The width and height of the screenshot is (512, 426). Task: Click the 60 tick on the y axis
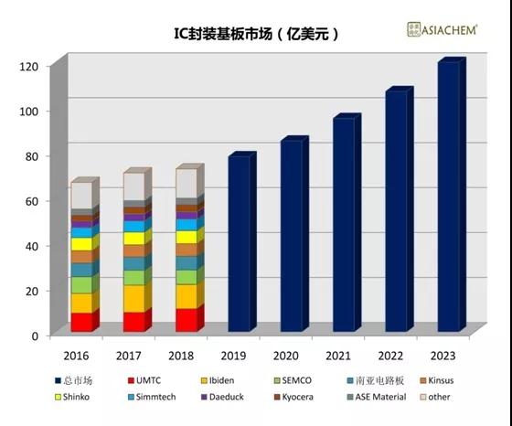click(x=31, y=201)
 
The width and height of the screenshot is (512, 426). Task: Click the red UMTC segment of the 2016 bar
click(x=80, y=322)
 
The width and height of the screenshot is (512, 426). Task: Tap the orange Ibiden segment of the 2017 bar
click(x=133, y=298)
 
